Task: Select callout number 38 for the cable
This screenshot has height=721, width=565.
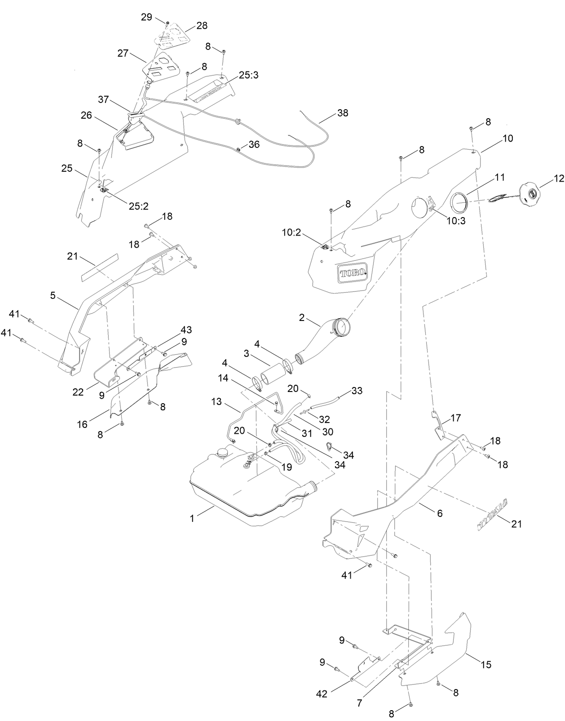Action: click(x=342, y=113)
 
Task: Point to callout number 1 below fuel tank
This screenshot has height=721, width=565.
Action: click(x=192, y=518)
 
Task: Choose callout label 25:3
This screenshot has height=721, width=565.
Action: click(x=248, y=76)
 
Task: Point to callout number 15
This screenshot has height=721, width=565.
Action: click(x=486, y=664)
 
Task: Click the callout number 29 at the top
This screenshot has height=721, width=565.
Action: click(x=146, y=17)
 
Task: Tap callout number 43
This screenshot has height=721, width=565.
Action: click(x=186, y=330)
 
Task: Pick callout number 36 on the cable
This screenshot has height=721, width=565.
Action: click(x=254, y=144)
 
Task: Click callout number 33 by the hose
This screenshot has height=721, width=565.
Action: click(x=357, y=391)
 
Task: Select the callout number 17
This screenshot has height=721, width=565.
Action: click(x=455, y=418)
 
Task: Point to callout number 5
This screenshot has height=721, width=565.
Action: click(x=53, y=295)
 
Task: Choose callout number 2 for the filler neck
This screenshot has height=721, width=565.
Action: click(x=302, y=318)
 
